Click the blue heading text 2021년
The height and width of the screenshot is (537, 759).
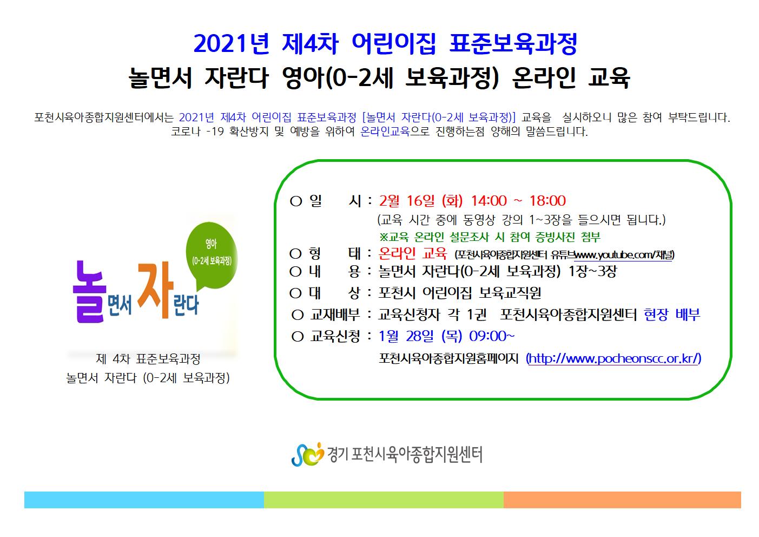[x=232, y=44]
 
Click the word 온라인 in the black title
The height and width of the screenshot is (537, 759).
[x=544, y=78]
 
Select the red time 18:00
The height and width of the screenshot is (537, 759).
[x=547, y=201]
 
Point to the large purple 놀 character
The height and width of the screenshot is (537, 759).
[x=89, y=292]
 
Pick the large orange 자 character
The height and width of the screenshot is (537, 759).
[x=155, y=289]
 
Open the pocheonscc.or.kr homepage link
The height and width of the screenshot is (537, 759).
[x=613, y=358]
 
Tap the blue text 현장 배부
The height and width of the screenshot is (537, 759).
[x=672, y=315]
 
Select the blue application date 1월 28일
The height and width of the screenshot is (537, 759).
[x=406, y=336]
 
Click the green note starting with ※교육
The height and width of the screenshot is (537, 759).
[x=490, y=237]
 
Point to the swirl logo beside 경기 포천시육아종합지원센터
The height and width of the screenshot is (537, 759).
[x=307, y=455]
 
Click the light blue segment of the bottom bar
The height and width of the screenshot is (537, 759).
[x=144, y=500]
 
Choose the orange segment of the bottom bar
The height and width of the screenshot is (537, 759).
[x=622, y=500]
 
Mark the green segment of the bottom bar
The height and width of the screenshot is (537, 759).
[x=384, y=500]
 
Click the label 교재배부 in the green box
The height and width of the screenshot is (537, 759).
[x=335, y=315]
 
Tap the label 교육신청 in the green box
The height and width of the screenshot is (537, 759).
[x=335, y=336]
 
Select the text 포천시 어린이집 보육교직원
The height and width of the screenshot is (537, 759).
[x=460, y=293]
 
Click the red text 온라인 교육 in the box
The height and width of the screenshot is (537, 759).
[x=413, y=253]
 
